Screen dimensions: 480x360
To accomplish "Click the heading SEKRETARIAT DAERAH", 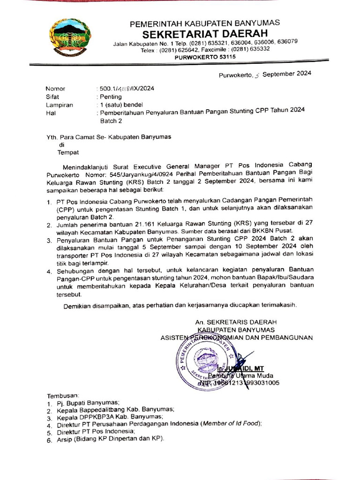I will pos(205,34).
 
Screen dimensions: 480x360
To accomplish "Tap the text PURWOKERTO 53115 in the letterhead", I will pos(205,57).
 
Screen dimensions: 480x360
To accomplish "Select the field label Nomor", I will pos(55,89).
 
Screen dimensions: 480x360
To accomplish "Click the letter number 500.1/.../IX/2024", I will pos(125,89).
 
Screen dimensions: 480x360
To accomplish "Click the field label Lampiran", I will pos(59,105).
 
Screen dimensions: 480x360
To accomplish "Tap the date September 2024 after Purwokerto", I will pos(286,74).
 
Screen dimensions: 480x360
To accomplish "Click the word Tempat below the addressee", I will pos(68,152).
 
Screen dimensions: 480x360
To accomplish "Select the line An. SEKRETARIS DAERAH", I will pos(236,322).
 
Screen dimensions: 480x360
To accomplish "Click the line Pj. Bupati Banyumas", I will pos(87,403).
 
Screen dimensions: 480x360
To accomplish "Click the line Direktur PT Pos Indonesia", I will pos(96,431).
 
